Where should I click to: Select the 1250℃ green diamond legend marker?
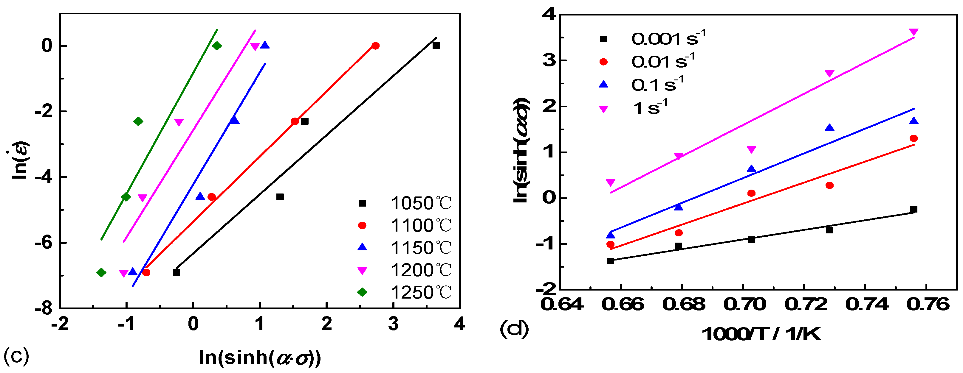362,292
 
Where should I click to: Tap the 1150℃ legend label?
421,248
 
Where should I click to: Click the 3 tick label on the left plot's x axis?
393,324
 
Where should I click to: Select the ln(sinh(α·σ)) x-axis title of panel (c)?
260,358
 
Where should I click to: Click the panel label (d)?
514,329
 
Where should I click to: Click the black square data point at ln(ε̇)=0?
436,46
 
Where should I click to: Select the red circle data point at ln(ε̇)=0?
375,46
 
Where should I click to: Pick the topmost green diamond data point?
217,46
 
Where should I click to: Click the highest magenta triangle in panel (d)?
914,32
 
